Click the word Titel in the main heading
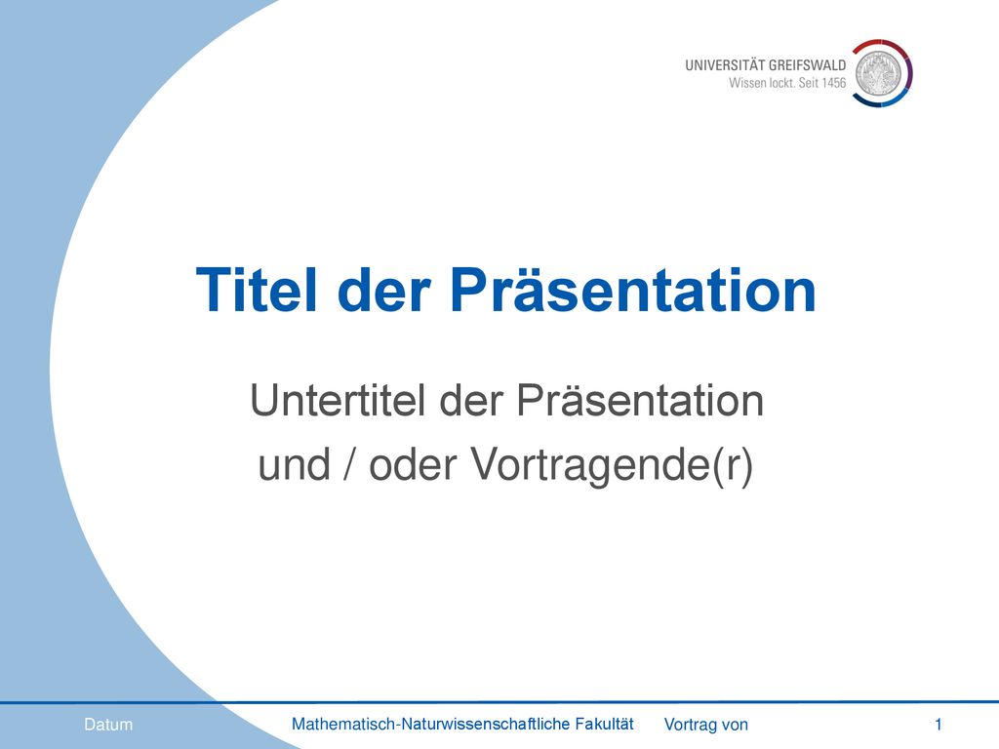tap(256, 290)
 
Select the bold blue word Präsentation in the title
tap(632, 290)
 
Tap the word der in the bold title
tap(383, 290)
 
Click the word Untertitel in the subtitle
tap(337, 401)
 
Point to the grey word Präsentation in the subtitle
tap(640, 401)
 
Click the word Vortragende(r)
tap(612, 465)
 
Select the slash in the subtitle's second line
tap(349, 464)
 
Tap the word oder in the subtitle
tap(413, 464)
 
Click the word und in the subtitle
tap(294, 464)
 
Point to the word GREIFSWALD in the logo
tap(807, 65)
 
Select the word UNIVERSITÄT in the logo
tap(725, 65)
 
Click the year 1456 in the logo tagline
tap(834, 83)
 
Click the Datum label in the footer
tap(108, 725)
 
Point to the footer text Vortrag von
tap(706, 725)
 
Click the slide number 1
tap(938, 725)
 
